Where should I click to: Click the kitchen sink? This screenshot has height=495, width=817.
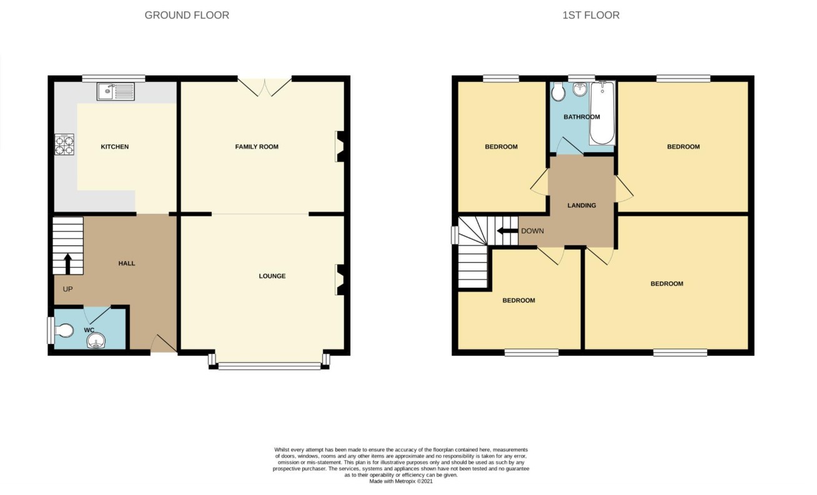pos(116,92)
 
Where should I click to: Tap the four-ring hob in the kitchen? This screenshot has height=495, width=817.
pos(64,144)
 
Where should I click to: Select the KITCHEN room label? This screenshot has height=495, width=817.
pos(114,147)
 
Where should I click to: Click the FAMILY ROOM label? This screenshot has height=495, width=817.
pos(257,147)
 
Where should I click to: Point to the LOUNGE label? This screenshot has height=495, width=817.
pos(272,277)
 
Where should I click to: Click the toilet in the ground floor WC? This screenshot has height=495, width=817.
pos(64,331)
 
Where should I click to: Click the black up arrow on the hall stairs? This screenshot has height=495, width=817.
pos(68,264)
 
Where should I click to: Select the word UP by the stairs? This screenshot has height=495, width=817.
pos(68,290)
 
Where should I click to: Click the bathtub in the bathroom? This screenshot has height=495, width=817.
pos(602,114)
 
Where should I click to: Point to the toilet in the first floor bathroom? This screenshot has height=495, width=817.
pos(557,91)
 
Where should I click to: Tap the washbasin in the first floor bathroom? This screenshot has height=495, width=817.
pos(580,89)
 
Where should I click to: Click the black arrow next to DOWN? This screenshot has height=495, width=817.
pos(507,231)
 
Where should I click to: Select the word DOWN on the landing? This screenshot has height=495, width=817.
pos(533,231)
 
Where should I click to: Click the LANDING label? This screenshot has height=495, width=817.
pos(582,205)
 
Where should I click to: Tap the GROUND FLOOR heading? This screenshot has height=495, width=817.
pos(187,16)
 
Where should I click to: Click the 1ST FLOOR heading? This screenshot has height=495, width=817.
pos(591,16)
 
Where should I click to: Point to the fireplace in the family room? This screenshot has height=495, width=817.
pos(340,147)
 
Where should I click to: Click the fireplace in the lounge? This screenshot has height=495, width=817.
pos(340,280)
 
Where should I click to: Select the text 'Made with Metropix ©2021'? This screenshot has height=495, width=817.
pos(401,481)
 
